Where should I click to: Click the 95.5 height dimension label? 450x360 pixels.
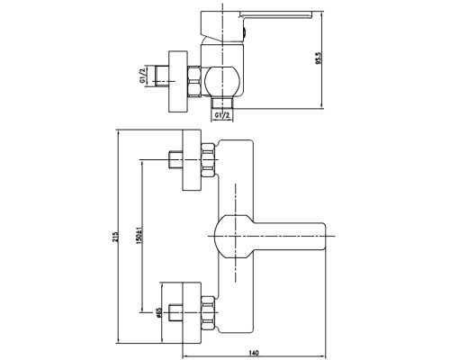319,58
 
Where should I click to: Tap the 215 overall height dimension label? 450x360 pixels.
115,237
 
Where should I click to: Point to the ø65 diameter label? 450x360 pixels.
158,312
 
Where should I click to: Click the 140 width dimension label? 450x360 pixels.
254,352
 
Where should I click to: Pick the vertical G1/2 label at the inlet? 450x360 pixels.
142,76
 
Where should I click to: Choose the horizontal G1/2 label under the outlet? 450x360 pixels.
222,115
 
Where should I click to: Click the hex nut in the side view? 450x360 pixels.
194,82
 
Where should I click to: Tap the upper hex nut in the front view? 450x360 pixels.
208,160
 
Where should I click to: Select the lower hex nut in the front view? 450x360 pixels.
208,313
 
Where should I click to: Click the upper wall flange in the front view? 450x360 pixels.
192,160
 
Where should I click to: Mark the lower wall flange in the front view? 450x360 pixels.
192,312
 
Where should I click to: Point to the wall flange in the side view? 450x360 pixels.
178,81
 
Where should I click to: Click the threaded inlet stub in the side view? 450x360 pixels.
162,76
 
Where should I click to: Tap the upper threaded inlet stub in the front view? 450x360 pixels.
175,160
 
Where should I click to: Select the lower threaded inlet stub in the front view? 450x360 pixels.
175,313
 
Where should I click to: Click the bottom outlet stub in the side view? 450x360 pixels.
222,103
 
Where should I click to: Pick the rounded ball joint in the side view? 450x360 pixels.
222,82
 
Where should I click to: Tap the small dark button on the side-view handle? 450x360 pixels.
244,31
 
